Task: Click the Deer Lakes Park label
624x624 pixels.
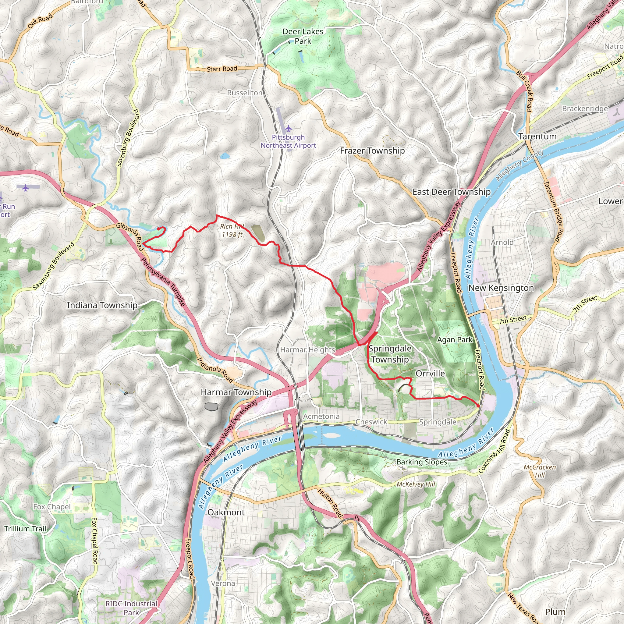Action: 303,36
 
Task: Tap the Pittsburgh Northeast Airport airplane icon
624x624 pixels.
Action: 289,129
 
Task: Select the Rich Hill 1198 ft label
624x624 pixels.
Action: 232,230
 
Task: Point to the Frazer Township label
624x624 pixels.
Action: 372,151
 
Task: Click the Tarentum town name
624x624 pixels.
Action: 537,136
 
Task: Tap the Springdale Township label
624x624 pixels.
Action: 390,354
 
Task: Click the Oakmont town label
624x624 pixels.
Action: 226,512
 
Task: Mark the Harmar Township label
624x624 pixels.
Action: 236,392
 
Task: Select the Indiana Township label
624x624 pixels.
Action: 102,305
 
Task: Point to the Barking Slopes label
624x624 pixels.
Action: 421,462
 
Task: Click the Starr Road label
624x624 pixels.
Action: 222,69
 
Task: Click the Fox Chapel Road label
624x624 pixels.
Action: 94,541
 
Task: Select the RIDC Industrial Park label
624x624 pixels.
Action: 131,608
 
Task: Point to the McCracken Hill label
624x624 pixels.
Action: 540,471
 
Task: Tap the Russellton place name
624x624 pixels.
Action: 244,93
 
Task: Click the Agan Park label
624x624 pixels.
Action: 455,339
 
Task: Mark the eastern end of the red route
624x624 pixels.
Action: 479,406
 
